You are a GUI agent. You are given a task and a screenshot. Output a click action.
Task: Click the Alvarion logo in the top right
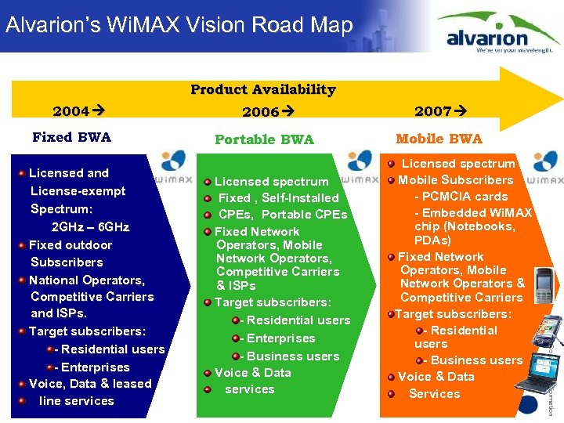[x=499, y=33]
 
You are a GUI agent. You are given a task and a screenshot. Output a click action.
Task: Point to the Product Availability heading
[x=263, y=89]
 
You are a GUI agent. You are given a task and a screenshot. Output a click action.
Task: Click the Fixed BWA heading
[x=72, y=137]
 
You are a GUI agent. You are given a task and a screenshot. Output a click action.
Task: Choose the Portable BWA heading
[x=264, y=139]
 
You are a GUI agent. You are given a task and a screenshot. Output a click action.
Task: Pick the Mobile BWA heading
[x=439, y=139]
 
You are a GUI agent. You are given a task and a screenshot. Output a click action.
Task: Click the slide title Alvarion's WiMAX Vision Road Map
[x=179, y=25]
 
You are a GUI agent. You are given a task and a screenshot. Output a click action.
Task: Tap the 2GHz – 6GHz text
[x=90, y=227]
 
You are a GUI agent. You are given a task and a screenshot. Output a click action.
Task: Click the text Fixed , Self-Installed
[x=278, y=198]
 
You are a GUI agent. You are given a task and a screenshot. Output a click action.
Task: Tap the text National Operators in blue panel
[x=87, y=280]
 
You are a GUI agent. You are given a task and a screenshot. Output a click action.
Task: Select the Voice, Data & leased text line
[x=90, y=384]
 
